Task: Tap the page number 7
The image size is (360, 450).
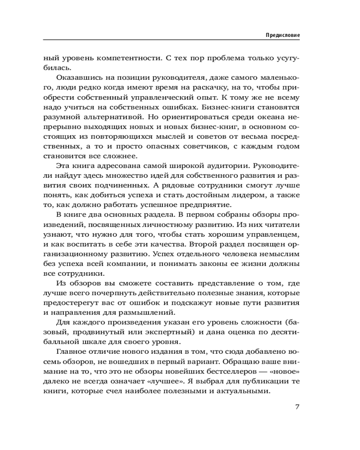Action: (x=297, y=407)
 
